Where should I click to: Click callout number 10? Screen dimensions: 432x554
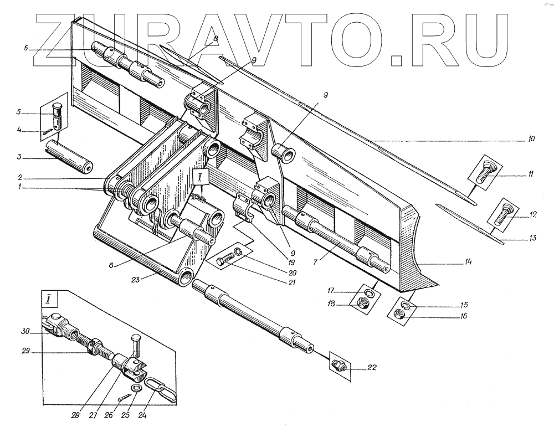pyautogui.click(x=531, y=140)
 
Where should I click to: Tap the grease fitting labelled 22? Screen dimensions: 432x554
pyautogui.click(x=338, y=364)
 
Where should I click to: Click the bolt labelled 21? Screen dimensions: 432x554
pyautogui.click(x=224, y=260)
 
